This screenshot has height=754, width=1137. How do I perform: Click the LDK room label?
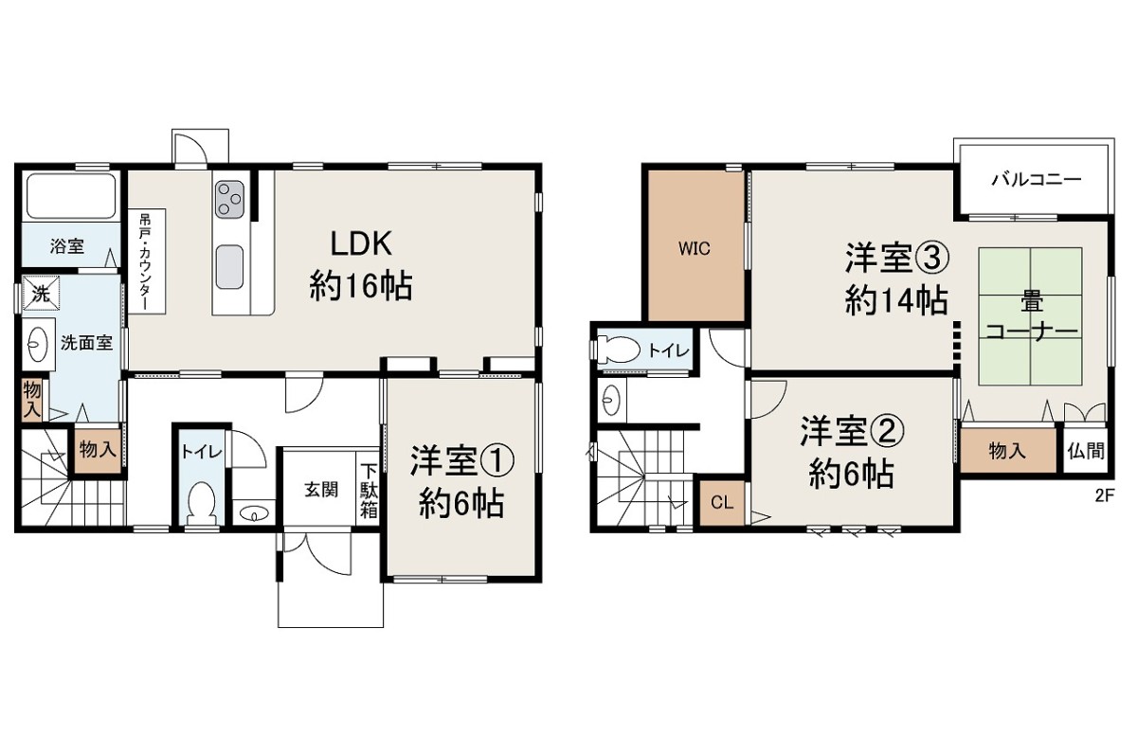(361, 244)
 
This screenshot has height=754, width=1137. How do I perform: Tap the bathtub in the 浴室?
(71, 196)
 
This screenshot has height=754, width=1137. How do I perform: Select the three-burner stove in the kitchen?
(229, 200)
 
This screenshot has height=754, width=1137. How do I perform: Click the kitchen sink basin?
(229, 267)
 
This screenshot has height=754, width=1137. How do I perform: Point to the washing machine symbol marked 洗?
(41, 293)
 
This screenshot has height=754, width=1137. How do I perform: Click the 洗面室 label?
(86, 343)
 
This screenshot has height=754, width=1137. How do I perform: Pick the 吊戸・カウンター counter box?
(146, 260)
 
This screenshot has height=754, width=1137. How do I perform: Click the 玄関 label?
(321, 490)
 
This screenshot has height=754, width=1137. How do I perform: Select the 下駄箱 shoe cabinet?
(369, 490)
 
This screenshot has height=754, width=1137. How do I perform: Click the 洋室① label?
(461, 460)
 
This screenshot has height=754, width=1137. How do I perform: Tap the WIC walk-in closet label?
(694, 249)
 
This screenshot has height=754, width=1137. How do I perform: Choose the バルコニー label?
(1037, 180)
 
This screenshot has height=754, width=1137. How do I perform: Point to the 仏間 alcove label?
(1086, 451)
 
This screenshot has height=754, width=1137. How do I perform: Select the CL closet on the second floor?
(722, 503)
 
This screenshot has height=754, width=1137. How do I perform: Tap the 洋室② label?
(852, 432)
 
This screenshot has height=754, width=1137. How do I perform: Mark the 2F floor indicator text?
(1104, 495)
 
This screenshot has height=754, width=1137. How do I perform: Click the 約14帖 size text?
(896, 300)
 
